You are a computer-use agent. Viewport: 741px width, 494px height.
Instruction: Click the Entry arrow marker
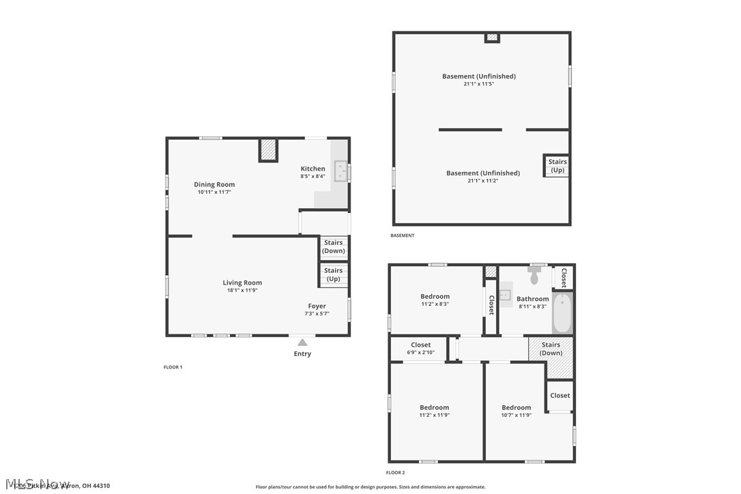(302, 343)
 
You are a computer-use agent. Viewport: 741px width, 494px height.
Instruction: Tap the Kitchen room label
(313, 169)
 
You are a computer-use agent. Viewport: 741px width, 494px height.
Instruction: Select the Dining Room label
(214, 184)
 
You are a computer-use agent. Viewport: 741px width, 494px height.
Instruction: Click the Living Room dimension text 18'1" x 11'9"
(242, 290)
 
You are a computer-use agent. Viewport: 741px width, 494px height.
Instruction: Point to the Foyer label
(317, 306)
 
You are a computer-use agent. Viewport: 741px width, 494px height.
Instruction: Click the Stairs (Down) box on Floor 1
(334, 247)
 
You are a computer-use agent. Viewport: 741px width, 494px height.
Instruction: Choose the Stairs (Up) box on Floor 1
(334, 274)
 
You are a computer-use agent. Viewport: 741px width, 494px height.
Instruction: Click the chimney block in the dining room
(269, 149)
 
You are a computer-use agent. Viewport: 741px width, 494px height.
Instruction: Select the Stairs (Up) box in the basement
(557, 166)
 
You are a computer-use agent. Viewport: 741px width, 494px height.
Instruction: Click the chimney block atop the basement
(492, 38)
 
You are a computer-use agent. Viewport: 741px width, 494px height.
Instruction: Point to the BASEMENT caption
(402, 235)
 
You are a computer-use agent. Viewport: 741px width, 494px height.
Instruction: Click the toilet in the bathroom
(534, 277)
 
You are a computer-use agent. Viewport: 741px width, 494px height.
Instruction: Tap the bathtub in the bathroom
(563, 313)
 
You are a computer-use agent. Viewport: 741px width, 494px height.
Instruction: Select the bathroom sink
(505, 295)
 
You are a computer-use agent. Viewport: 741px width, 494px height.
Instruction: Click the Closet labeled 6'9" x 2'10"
(420, 349)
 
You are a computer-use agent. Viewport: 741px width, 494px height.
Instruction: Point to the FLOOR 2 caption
(395, 472)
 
